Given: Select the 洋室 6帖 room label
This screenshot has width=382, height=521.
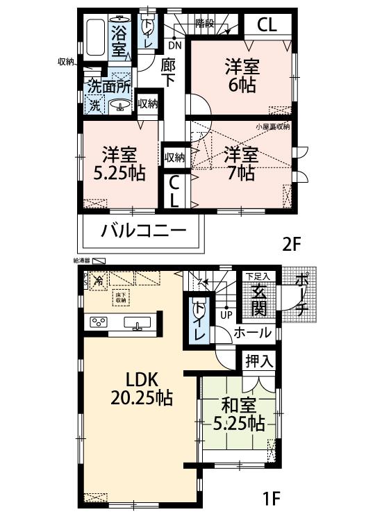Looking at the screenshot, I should pos(242,76).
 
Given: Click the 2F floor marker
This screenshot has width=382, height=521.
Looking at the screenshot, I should pos(292,245).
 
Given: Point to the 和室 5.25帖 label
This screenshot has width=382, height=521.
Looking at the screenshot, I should pos(238,413).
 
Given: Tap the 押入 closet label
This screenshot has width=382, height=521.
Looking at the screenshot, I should pos(258,361).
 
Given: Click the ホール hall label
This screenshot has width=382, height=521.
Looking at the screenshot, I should pos(252,333).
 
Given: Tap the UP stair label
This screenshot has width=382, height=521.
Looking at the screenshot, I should pos(226,315).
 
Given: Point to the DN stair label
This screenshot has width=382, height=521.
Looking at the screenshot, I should pos(175,45).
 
